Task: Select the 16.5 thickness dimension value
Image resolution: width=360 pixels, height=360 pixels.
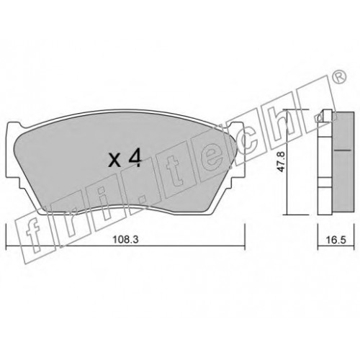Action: pos(337,240)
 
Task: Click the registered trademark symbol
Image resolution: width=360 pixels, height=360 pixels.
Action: pos(340,78)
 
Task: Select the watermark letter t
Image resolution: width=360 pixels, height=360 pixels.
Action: pos(176,174)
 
